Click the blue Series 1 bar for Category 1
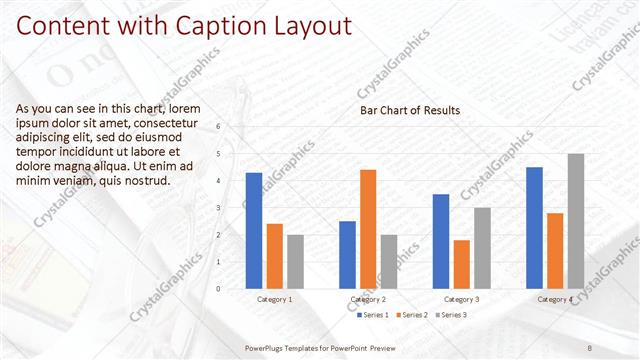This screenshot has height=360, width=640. pos(254,231)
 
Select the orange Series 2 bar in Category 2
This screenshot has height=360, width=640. pos(368,229)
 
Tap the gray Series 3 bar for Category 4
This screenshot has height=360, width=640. pos(575,221)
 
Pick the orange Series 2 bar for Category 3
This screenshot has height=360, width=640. pos(461,264)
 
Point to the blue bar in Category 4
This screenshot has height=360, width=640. pos(534,228)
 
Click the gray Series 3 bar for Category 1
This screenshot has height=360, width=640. pos(295,262)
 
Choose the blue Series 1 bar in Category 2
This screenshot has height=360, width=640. pos(347,255)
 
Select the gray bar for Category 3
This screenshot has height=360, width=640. pos(482,248)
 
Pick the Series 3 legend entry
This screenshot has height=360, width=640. pos(452,315)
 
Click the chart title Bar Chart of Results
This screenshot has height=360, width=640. pos(410,110)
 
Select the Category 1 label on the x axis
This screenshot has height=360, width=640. pos(275,299)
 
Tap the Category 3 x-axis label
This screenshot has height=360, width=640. pos(461,299)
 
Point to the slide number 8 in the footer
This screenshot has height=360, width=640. pos(590,347)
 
